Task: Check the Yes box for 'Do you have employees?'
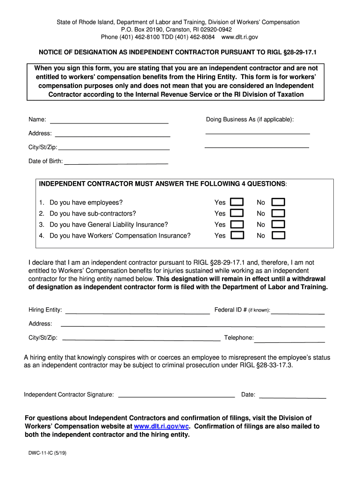pyautogui.click(x=238, y=202)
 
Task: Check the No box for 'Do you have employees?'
pyautogui.click(x=279, y=202)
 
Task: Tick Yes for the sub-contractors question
pyautogui.click(x=238, y=213)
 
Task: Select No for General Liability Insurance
pyautogui.click(x=279, y=225)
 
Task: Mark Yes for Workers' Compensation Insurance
pyautogui.click(x=238, y=235)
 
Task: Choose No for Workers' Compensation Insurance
pyautogui.click(x=279, y=235)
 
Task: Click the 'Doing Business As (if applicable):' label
pyautogui.click(x=250, y=120)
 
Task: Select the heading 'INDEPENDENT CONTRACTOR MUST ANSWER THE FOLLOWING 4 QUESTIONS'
pyautogui.click(x=163, y=184)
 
